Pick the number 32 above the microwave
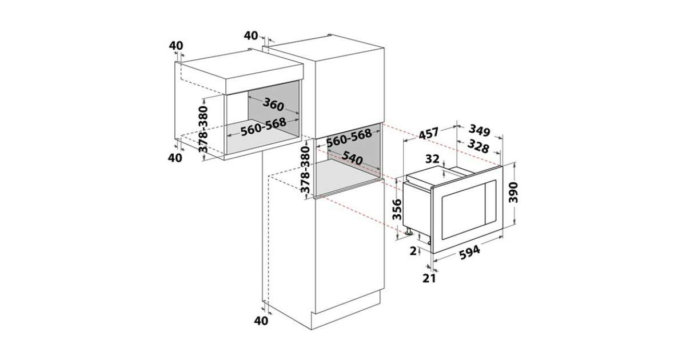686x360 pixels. (x=432, y=158)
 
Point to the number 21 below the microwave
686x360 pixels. (x=429, y=278)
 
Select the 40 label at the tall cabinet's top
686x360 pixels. (x=251, y=35)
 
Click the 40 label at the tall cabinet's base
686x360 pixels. (x=261, y=321)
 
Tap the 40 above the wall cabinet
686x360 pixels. (x=177, y=45)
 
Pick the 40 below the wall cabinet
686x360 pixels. (x=176, y=158)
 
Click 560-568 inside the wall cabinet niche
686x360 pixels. (x=263, y=128)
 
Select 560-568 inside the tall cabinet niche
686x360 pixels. (x=349, y=138)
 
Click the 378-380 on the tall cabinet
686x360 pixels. (x=305, y=170)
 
